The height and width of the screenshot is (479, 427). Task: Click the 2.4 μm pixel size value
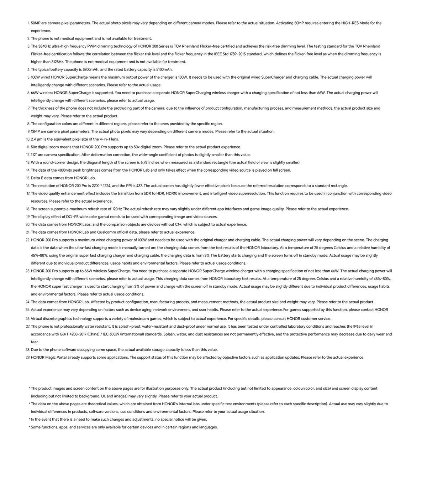click(x=37, y=139)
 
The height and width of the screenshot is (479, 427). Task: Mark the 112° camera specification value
click(x=34, y=155)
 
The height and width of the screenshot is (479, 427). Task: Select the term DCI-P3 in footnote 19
click(x=73, y=217)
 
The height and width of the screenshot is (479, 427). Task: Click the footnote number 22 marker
click(x=27, y=240)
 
